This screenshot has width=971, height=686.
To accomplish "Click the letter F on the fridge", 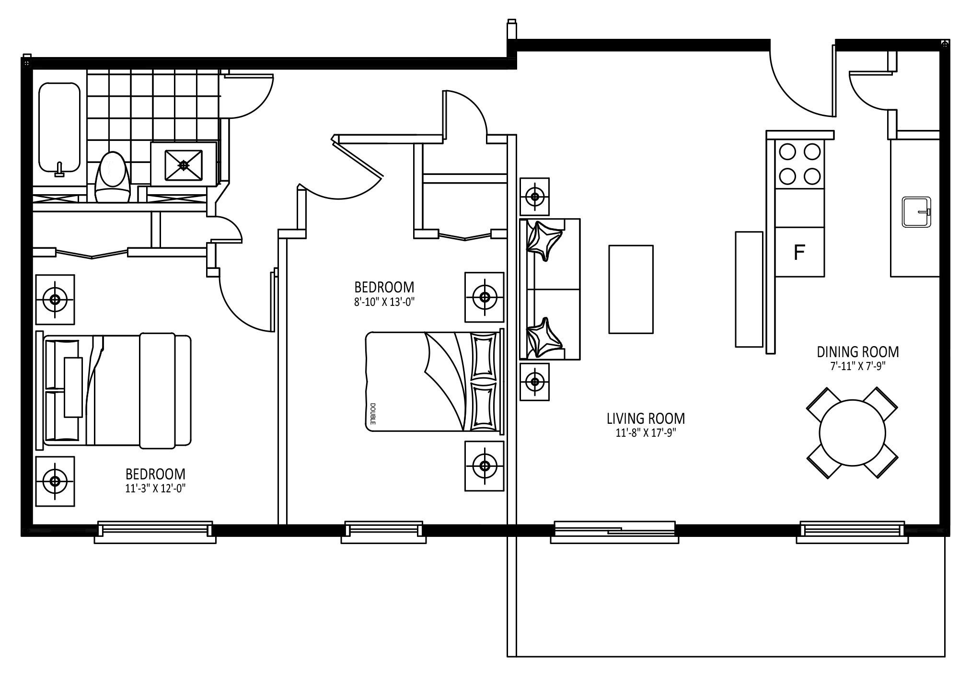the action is [799, 252].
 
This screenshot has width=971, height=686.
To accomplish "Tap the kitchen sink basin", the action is [916, 212].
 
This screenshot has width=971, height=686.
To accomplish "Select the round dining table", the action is [852, 432].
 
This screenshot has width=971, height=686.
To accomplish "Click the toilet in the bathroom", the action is [113, 177].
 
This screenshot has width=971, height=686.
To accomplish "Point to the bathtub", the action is [59, 127].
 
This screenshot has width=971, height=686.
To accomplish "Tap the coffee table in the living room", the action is [631, 289].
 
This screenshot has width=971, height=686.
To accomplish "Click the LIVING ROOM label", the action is [646, 419].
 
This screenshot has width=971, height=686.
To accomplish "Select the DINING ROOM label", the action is [858, 352].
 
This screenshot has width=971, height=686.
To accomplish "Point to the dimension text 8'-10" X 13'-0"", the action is [384, 302].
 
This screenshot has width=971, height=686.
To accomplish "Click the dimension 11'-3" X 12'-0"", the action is [155, 488].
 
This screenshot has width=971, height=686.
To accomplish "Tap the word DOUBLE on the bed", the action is [373, 413].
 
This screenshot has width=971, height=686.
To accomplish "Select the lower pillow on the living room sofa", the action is [544, 337].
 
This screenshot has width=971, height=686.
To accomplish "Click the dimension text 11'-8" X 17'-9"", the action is [646, 433].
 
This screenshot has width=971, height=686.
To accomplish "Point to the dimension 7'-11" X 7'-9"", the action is [858, 366].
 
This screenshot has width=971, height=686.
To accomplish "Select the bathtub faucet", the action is [59, 169].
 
